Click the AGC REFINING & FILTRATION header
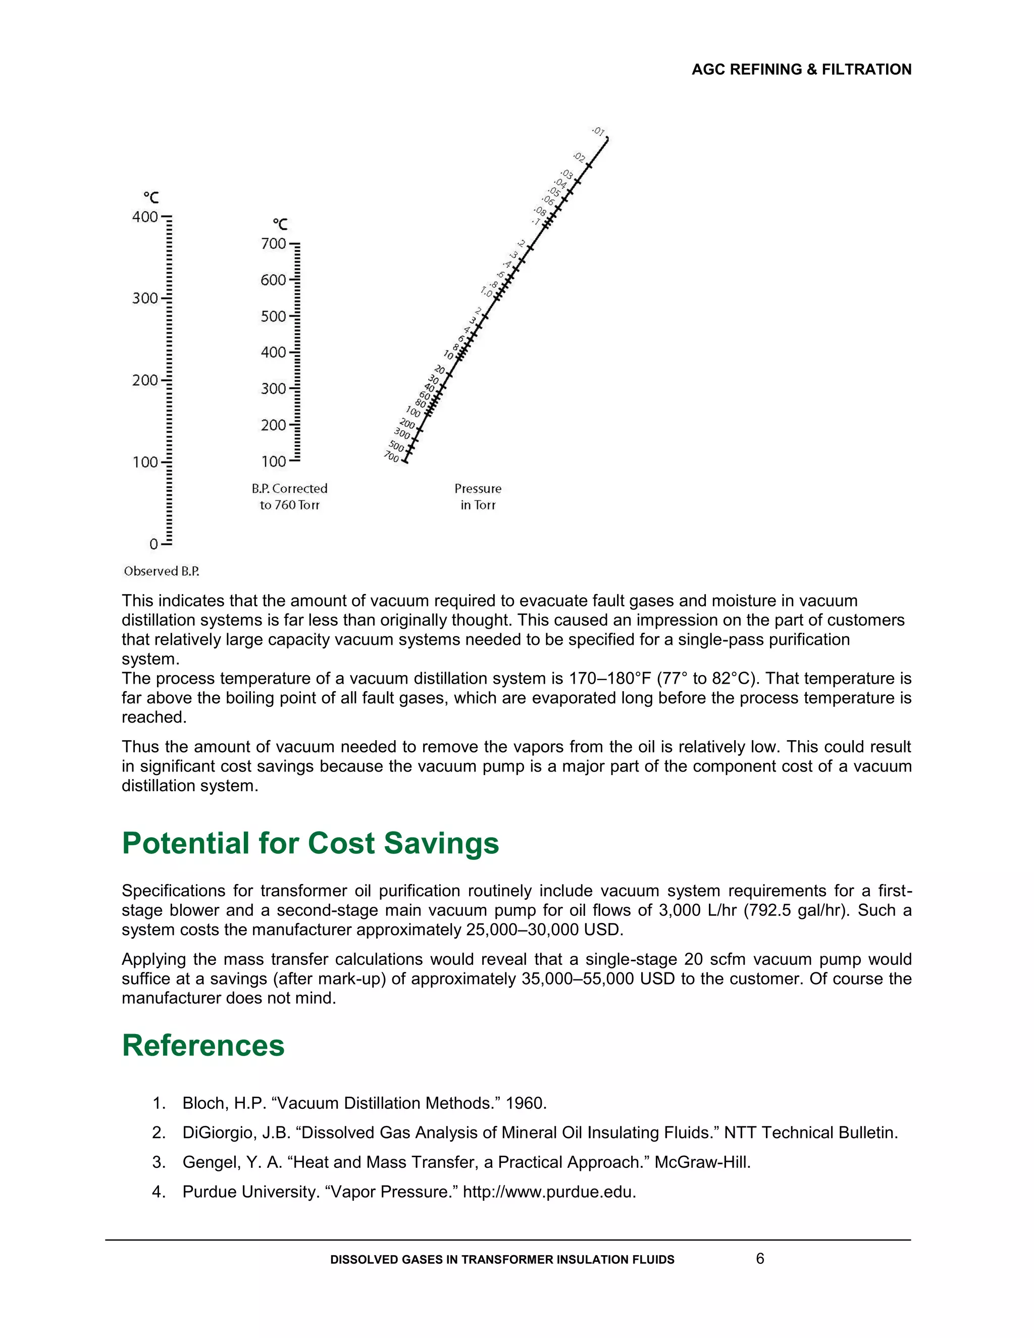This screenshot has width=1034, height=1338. pyautogui.click(x=801, y=69)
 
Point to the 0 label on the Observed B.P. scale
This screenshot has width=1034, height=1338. pyautogui.click(x=154, y=544)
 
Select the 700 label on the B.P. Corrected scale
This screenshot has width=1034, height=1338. pyautogui.click(x=273, y=244)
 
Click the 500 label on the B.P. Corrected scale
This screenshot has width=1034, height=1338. pyautogui.click(x=273, y=316)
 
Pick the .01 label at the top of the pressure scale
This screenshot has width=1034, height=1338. pyautogui.click(x=598, y=131)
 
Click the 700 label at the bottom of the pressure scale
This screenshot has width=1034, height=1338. pyautogui.click(x=391, y=456)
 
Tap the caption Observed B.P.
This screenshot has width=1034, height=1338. pyautogui.click(x=161, y=571)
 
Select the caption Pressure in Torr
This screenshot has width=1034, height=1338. pyautogui.click(x=478, y=497)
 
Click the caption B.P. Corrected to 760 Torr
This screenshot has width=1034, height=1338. pyautogui.click(x=289, y=497)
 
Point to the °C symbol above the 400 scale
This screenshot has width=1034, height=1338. pyautogui.click(x=150, y=197)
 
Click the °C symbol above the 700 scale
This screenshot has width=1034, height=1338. pyautogui.click(x=280, y=224)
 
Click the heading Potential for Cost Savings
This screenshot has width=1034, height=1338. pyautogui.click(x=310, y=843)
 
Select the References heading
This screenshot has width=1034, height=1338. pyautogui.click(x=203, y=1046)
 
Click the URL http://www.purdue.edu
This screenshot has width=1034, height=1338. pyautogui.click(x=549, y=1192)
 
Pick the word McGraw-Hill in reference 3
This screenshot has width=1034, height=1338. pyautogui.click(x=702, y=1162)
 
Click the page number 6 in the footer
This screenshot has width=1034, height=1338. pyautogui.click(x=759, y=1259)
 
